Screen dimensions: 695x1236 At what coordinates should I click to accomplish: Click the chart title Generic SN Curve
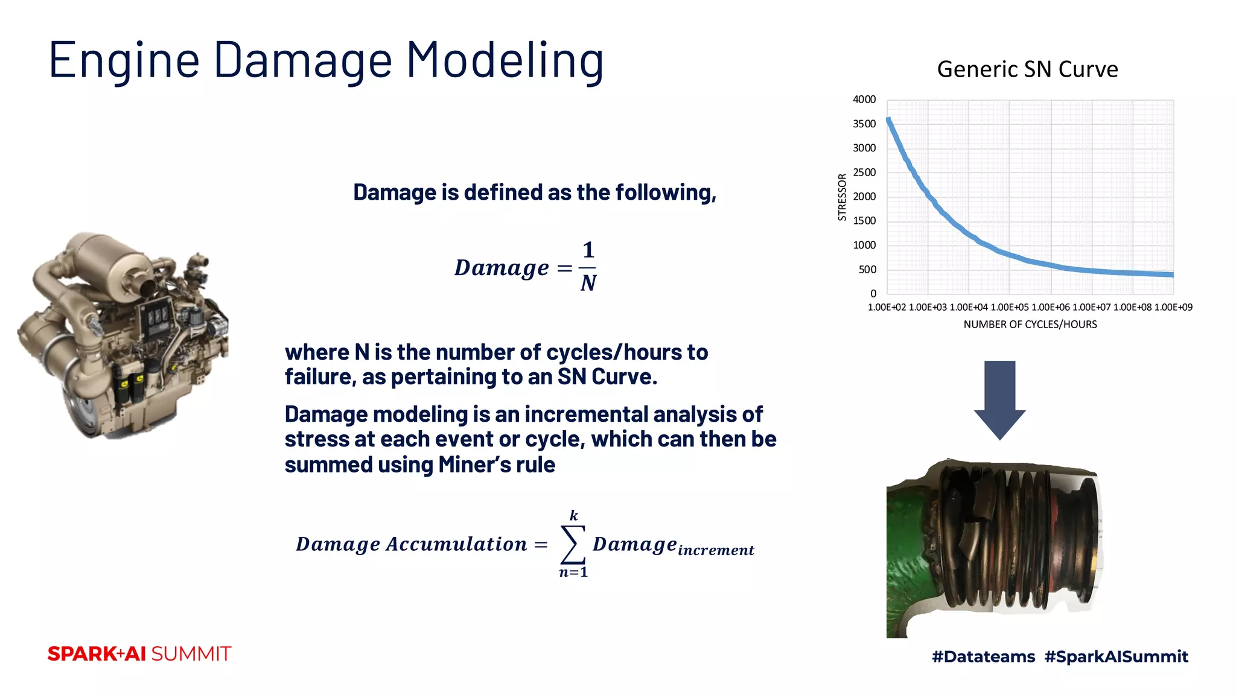1027,69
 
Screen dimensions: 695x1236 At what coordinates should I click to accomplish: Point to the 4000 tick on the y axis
864,100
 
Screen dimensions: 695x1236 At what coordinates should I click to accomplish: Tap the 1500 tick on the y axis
864,221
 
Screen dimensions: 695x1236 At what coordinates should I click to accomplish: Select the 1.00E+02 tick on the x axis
887,307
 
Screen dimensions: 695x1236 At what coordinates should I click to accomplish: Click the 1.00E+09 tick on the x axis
1173,307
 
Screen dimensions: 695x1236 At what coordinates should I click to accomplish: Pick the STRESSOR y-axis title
843,197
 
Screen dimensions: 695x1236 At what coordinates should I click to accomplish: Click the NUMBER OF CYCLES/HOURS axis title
1030,325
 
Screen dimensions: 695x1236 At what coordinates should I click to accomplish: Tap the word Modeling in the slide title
505,60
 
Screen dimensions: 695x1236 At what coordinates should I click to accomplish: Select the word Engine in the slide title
124,60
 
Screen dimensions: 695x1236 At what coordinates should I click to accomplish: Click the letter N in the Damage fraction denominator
588,284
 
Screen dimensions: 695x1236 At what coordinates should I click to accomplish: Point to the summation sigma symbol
573,544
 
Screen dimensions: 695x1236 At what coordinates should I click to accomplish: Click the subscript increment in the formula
716,550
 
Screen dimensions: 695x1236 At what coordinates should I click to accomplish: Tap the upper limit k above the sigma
574,515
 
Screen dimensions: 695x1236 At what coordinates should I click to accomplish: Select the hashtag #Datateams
983,656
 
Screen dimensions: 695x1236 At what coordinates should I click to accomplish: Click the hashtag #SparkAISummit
1116,656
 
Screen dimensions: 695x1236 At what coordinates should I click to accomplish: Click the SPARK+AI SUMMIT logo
139,654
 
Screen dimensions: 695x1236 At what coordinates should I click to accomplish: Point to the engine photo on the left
124,335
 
